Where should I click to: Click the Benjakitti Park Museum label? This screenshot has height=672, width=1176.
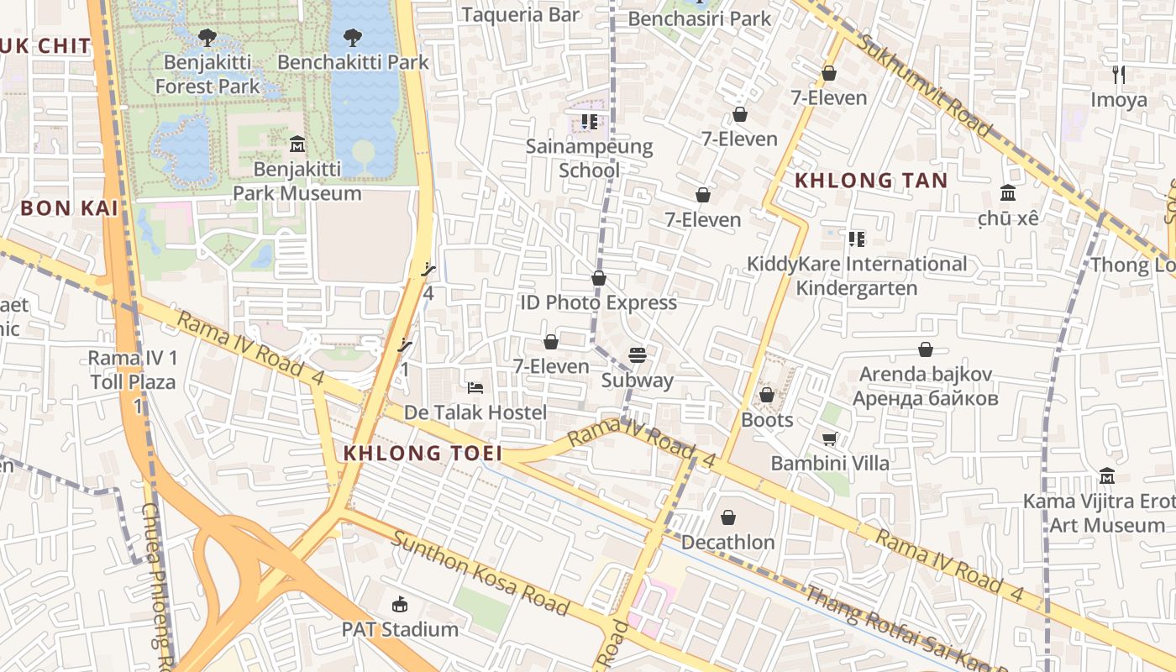(x=297, y=181)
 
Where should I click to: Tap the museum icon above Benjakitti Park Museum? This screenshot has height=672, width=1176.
(x=297, y=144)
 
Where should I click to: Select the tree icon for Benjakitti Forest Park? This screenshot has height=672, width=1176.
(x=207, y=38)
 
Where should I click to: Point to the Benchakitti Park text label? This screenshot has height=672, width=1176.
(x=353, y=62)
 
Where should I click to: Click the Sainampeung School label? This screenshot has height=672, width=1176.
(x=589, y=158)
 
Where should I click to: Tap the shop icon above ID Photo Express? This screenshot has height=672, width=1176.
(x=599, y=278)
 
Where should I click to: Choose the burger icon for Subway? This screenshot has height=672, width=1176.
(x=638, y=355)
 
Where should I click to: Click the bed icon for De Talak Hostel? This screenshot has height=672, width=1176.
(x=475, y=388)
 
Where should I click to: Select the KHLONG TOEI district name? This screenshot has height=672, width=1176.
(x=423, y=454)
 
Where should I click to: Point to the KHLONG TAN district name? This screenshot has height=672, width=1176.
(x=871, y=181)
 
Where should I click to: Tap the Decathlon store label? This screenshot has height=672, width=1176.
(x=727, y=543)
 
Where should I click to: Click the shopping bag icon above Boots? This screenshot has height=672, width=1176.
(x=766, y=395)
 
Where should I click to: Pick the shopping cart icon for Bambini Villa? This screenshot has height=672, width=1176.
(x=829, y=438)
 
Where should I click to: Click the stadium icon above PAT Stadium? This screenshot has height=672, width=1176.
(x=400, y=605)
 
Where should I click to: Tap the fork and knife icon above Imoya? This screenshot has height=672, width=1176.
(x=1118, y=75)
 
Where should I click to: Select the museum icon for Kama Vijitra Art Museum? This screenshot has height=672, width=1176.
(x=1107, y=476)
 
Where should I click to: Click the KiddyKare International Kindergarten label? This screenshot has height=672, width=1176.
(x=857, y=276)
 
